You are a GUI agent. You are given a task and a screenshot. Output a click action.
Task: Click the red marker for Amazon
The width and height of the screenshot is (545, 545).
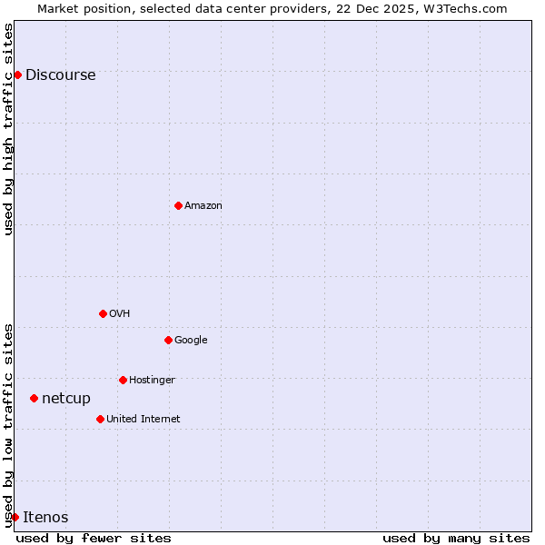[178, 205]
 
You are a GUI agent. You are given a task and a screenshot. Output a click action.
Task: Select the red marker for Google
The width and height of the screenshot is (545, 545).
[168, 340]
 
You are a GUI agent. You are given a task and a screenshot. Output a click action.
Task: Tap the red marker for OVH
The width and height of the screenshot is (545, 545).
[103, 313]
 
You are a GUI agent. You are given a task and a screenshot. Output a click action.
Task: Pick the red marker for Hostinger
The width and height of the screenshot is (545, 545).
[123, 380]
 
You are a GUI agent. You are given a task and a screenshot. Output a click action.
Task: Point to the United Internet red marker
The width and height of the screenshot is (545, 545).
[100, 419]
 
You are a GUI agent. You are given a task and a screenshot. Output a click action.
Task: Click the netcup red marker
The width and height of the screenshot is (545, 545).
[34, 398]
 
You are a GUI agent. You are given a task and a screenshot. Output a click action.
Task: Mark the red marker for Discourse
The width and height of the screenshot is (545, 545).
[17, 74]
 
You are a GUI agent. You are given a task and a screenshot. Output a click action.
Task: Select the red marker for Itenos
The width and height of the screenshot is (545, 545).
[15, 517]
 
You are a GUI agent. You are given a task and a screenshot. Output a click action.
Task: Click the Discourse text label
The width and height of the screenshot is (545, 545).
[60, 75]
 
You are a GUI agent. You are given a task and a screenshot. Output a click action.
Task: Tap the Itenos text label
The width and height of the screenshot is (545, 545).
[45, 518]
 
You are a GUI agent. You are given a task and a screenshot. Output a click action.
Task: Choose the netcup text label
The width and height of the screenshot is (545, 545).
[66, 399]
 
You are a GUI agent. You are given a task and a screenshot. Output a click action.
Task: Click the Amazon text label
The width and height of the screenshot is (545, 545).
[203, 206]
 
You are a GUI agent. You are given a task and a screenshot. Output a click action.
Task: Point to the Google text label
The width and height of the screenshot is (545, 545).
[191, 341]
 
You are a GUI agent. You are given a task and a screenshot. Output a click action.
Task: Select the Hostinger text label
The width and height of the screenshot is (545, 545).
[152, 380]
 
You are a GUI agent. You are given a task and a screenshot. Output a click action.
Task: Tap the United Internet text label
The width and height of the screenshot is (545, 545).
[143, 420]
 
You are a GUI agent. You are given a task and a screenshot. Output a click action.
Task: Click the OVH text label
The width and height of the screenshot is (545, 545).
[119, 314]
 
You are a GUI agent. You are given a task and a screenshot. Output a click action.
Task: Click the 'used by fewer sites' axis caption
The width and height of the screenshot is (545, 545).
[94, 538]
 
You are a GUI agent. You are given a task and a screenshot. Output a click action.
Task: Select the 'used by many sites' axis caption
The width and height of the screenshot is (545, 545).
[456, 538]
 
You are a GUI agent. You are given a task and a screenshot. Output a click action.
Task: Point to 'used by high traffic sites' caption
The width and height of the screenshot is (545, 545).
[8, 129]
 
